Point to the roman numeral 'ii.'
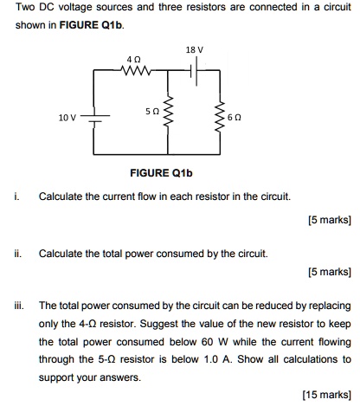coord(18,254)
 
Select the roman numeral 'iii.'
coord(19,306)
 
